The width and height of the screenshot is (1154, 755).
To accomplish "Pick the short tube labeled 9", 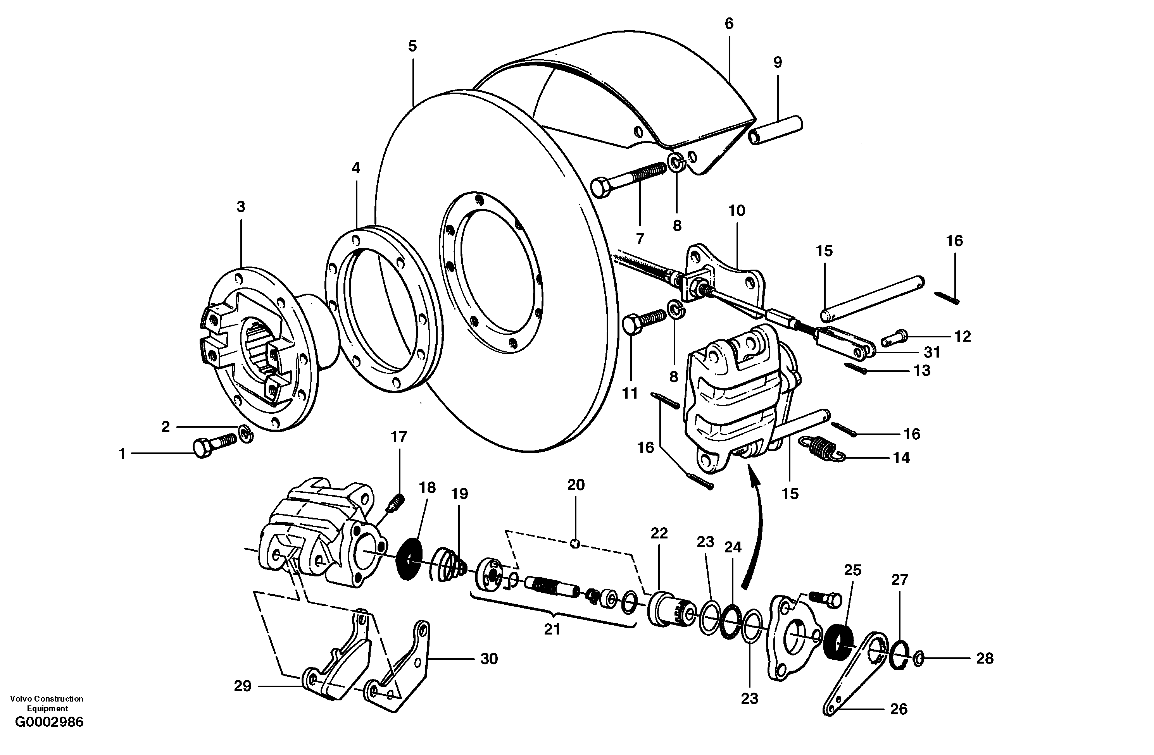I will [x=775, y=130].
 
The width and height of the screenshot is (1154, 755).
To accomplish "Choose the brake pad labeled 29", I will [x=335, y=666].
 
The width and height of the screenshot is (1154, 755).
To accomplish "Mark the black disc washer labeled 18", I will [x=409, y=560].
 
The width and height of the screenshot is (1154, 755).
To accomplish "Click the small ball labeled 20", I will [x=574, y=544].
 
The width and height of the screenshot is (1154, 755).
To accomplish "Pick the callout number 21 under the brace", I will [x=552, y=629].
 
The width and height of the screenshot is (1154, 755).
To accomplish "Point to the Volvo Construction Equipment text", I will [x=47, y=703].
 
